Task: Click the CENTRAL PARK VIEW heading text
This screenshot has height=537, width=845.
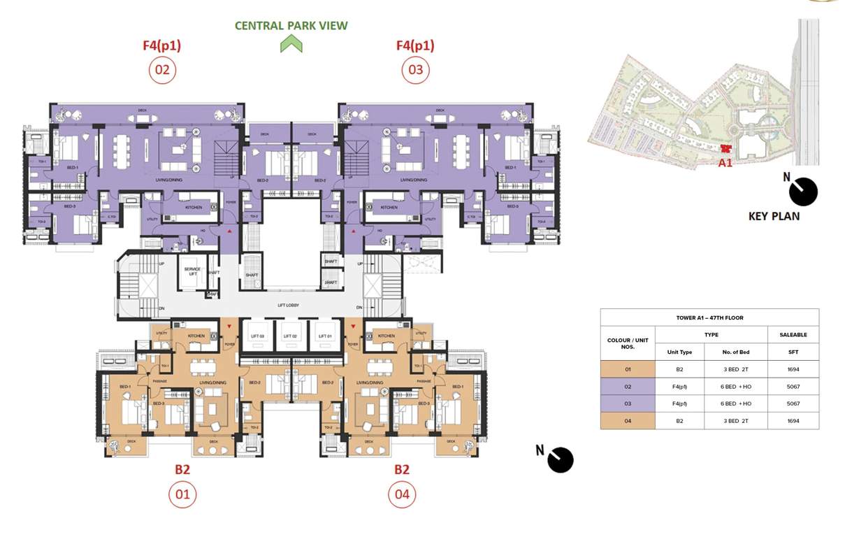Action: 291,26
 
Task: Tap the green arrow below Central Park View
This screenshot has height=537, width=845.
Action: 291,45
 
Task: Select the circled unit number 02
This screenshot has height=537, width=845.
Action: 162,70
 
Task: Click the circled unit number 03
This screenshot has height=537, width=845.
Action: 415,70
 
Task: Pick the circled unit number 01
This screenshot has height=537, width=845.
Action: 182,495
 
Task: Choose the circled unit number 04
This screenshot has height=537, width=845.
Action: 401,495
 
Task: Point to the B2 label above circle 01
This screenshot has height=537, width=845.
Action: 182,470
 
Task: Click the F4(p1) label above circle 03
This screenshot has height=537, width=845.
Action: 415,46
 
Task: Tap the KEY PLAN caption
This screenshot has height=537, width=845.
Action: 774,216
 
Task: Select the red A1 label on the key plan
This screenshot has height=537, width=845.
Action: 725,162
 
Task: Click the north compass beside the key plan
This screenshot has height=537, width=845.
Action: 801,190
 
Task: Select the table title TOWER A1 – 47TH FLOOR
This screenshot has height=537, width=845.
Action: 709,318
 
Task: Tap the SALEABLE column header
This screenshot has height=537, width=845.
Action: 793,335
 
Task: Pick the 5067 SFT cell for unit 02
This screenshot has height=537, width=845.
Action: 793,387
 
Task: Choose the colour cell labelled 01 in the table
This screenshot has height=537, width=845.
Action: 627,369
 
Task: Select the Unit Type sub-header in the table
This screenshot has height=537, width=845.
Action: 679,352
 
